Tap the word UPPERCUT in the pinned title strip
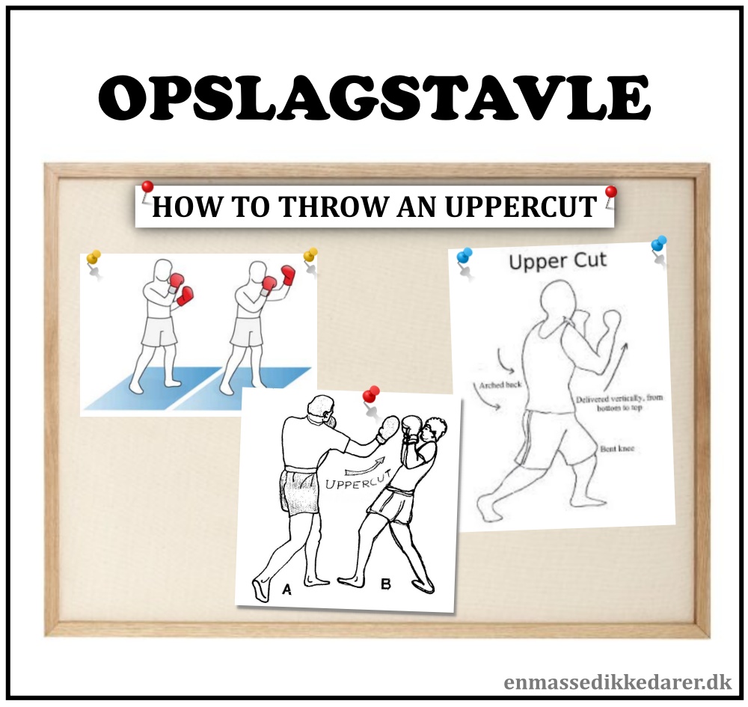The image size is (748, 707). [521, 206]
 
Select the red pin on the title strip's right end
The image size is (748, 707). [610, 192]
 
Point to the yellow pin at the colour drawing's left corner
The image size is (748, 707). [93, 257]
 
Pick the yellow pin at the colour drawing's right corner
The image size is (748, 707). [310, 254]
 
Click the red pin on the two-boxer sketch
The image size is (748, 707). [371, 394]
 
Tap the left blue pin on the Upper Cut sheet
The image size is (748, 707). [465, 255]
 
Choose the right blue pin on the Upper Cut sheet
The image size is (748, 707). [659, 244]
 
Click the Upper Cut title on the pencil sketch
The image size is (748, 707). [558, 261]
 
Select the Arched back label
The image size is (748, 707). [500, 385]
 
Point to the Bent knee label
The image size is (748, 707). [617, 449]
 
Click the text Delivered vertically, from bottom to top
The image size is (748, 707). [619, 403]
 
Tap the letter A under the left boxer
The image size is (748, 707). [286, 590]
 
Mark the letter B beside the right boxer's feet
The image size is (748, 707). [386, 584]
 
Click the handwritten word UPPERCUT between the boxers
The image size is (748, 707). [358, 480]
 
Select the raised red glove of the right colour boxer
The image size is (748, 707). [288, 275]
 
